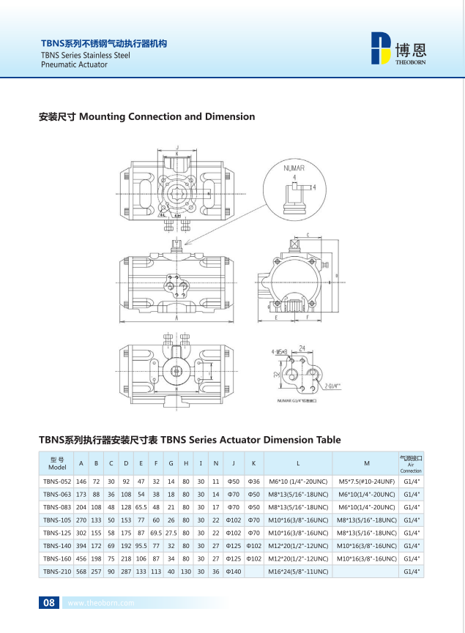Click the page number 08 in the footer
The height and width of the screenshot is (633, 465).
[49, 603]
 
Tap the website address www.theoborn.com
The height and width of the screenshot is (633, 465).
[100, 604]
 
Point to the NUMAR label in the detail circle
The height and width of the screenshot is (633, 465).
[294, 168]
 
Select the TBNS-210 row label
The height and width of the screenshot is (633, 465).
[57, 572]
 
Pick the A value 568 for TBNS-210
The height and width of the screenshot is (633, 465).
[81, 572]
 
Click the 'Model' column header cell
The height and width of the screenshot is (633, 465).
[57, 463]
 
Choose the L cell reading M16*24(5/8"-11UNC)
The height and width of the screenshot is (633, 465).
[297, 572]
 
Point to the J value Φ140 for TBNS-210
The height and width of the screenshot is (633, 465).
[234, 572]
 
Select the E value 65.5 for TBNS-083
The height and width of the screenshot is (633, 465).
[141, 506]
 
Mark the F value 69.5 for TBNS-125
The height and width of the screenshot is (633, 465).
[155, 533]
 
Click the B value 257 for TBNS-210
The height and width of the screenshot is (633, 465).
[96, 572]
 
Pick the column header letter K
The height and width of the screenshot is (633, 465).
[253, 463]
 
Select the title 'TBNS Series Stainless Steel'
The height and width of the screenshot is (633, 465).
[86, 55]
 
